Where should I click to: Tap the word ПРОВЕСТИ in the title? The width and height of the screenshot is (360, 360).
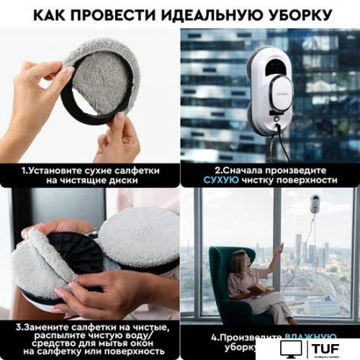click(x=121, y=14)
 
